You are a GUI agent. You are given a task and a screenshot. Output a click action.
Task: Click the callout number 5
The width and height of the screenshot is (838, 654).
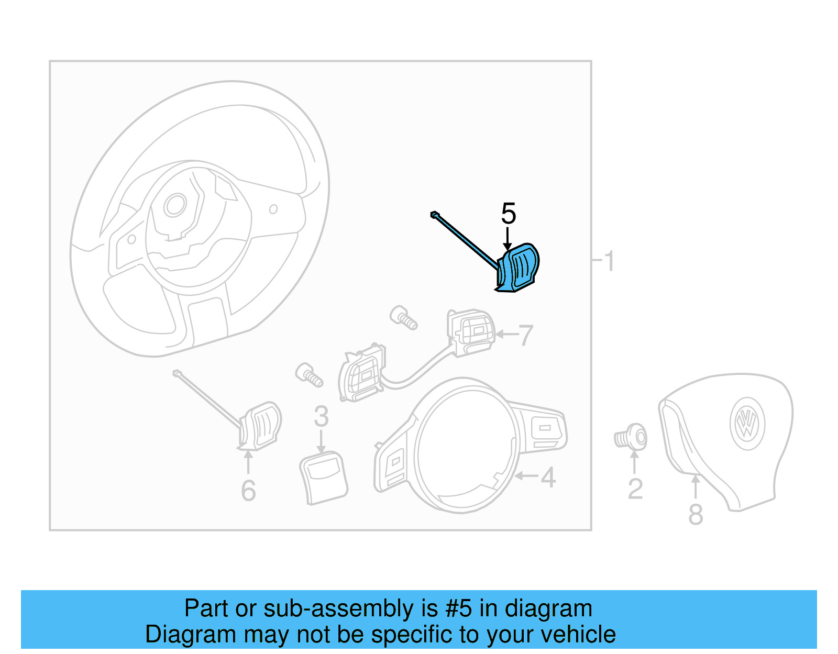tap(508, 214)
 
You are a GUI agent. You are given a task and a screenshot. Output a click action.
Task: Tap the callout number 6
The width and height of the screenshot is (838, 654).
tap(248, 491)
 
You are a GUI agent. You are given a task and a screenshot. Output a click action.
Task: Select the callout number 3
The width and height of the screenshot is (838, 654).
tap(321, 417)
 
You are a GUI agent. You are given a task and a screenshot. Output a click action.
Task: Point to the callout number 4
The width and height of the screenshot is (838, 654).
tap(548, 477)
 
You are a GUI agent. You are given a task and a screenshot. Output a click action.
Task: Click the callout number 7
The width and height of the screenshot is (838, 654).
tap(525, 335)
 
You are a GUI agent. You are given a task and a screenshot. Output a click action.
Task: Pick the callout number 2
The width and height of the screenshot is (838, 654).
tap(635, 489)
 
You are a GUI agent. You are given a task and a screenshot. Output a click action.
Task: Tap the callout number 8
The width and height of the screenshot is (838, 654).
tap(695, 514)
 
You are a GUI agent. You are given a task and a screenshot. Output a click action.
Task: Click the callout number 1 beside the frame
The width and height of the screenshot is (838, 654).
tap(608, 261)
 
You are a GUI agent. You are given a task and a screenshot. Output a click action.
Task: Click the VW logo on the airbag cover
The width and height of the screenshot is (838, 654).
tap(747, 423)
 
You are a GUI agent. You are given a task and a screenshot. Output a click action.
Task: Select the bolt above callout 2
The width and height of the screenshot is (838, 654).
tap(632, 436)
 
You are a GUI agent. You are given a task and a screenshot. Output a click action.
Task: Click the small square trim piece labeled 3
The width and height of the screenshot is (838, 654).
tap(323, 478)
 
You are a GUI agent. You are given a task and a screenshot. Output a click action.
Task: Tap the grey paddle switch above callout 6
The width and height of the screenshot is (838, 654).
tap(262, 425)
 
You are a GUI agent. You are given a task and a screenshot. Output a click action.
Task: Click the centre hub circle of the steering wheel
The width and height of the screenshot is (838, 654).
tap(175, 205)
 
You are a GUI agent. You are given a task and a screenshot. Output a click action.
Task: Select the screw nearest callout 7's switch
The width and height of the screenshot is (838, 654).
tap(404, 317)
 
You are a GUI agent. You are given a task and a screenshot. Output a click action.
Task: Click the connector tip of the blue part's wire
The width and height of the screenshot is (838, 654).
tap(434, 214)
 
